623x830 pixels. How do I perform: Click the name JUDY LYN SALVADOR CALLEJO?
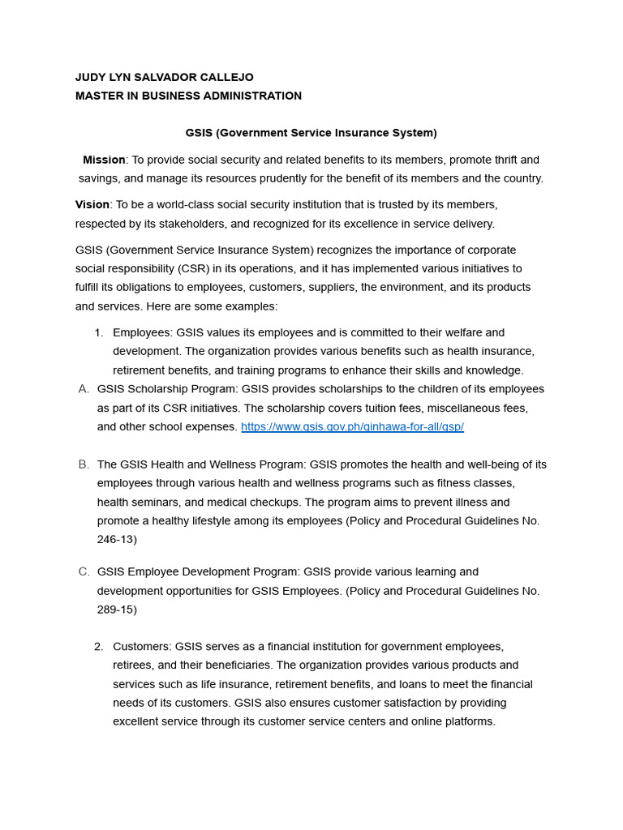tap(164, 77)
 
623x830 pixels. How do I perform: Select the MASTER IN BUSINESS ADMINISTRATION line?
tap(188, 96)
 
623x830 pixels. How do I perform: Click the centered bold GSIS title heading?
tap(311, 132)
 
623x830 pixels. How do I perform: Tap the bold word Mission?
tap(104, 160)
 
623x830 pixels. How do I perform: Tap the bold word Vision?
tap(92, 204)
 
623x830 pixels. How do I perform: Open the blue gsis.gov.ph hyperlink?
tap(352, 426)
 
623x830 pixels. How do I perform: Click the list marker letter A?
tap(84, 389)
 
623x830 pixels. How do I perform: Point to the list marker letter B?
tap(84, 464)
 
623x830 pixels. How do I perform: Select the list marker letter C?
tap(84, 571)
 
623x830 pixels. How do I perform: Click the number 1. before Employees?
tap(99, 332)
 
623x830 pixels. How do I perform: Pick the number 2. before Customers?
tap(99, 646)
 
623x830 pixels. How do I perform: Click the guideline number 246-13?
tap(117, 539)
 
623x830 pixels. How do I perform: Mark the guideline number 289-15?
tap(117, 610)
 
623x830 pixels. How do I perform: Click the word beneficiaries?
tap(236, 665)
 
